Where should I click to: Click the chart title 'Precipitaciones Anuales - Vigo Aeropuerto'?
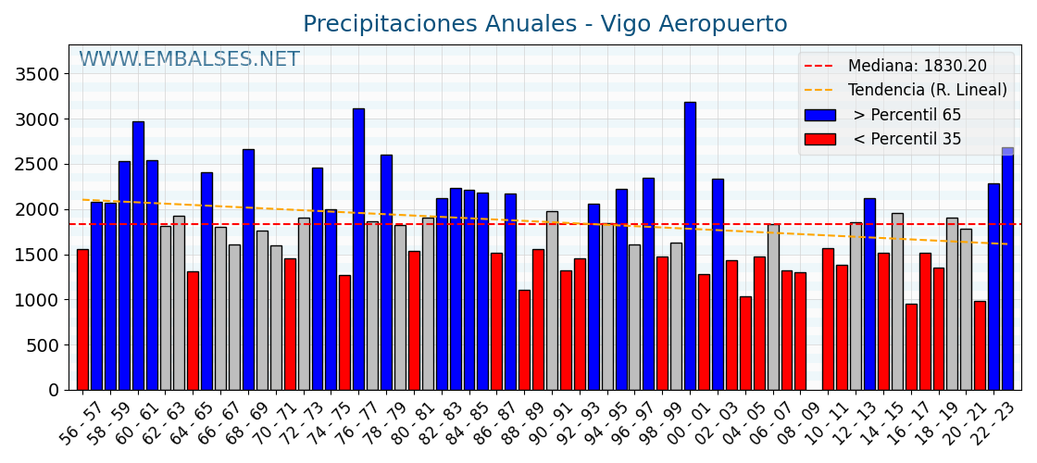[544, 24]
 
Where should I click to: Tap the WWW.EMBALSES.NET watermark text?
[189, 60]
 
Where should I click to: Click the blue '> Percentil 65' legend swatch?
[819, 115]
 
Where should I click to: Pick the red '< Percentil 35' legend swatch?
[819, 139]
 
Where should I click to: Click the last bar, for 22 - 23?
[1007, 269]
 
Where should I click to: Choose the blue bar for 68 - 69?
[248, 269]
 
